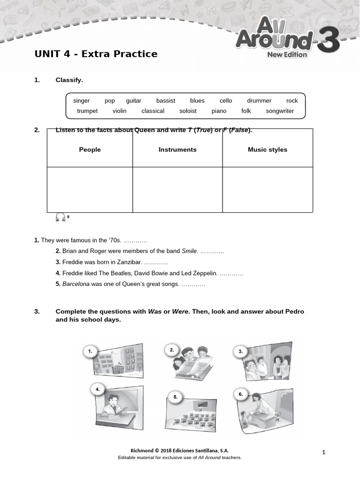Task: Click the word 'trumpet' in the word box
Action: [87, 111]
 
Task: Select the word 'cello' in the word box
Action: [225, 101]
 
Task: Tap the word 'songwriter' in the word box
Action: [280, 111]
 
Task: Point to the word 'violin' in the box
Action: [120, 111]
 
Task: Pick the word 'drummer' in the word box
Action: [259, 101]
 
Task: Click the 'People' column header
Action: [90, 150]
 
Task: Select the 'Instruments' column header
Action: [178, 150]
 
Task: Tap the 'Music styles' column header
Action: [267, 150]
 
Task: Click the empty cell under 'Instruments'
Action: [178, 189]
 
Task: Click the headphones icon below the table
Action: [60, 217]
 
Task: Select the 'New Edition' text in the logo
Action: [287, 54]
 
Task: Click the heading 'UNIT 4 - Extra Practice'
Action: [96, 54]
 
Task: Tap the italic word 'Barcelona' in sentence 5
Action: [76, 284]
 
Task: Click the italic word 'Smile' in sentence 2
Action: [189, 251]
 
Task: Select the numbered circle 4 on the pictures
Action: [97, 389]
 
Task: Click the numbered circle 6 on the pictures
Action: [240, 395]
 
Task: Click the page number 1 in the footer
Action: [323, 452]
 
